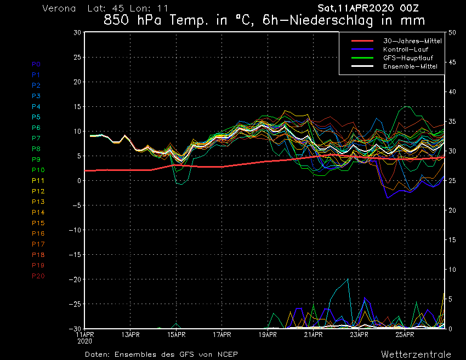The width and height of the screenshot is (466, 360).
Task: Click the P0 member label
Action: (x=36, y=64)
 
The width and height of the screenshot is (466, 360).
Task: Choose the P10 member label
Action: (x=38, y=170)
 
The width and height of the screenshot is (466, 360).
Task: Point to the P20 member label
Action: (x=38, y=276)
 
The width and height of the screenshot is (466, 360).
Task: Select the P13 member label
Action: (x=38, y=202)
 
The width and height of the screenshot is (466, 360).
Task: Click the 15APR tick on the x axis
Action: (x=176, y=334)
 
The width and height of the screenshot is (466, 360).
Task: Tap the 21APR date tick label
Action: (x=313, y=334)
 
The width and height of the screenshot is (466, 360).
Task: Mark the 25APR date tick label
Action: (x=405, y=334)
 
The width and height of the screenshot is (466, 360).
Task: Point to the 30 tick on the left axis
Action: (x=77, y=32)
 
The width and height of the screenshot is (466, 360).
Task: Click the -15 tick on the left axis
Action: (x=75, y=255)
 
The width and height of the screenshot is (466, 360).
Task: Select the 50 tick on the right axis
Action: (x=452, y=32)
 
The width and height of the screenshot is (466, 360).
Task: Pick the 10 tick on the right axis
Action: (x=452, y=270)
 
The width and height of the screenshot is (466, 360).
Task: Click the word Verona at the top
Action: (x=59, y=9)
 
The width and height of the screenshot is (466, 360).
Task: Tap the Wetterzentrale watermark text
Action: (x=416, y=354)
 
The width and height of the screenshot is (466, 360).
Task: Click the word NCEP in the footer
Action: (x=226, y=354)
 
